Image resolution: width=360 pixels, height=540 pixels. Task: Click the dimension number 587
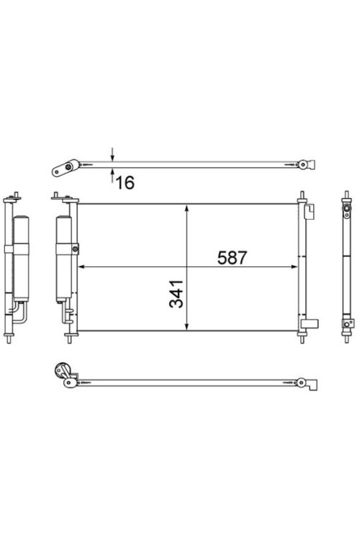point(232,258)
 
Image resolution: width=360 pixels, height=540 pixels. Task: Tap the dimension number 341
point(176,294)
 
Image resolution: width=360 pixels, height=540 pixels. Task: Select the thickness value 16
point(125,183)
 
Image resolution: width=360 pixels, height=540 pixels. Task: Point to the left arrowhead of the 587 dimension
point(81,266)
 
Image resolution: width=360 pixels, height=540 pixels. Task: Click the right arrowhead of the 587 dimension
point(294,266)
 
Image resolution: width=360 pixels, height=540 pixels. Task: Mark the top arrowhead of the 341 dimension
point(186,207)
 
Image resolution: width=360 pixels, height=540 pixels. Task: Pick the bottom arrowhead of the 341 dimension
point(186,327)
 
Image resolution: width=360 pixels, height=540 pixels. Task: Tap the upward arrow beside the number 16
point(112,175)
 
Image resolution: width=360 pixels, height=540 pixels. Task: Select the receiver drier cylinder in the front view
point(64,259)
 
